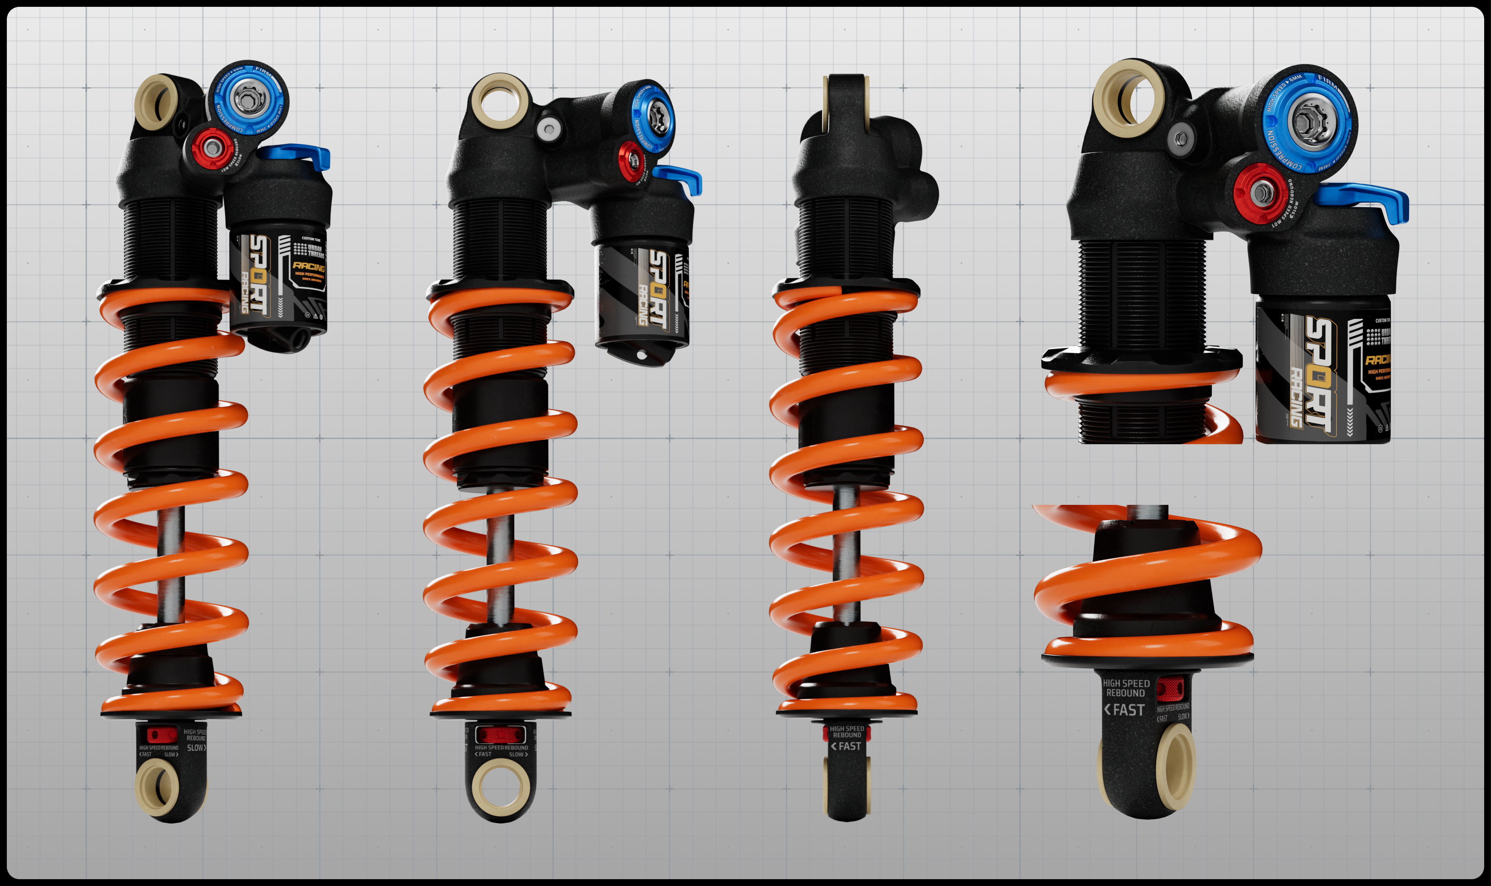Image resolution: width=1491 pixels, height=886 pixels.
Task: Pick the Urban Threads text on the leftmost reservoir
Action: pyautogui.click(x=314, y=251)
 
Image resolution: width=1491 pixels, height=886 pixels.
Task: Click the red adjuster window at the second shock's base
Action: pyautogui.click(x=500, y=734)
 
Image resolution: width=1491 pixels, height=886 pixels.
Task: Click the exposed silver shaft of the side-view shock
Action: pyautogui.click(x=846, y=555)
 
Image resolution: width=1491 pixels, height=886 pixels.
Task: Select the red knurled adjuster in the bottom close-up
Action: pyautogui.click(x=1170, y=688)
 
